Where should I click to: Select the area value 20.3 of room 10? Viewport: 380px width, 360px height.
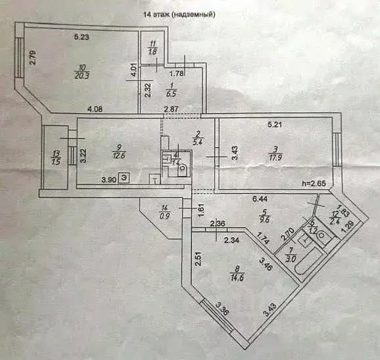tap(82, 76)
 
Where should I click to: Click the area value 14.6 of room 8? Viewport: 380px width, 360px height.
tap(235, 279)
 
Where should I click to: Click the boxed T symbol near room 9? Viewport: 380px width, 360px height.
tap(153, 180)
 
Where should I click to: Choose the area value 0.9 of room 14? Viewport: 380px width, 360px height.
tap(165, 216)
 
